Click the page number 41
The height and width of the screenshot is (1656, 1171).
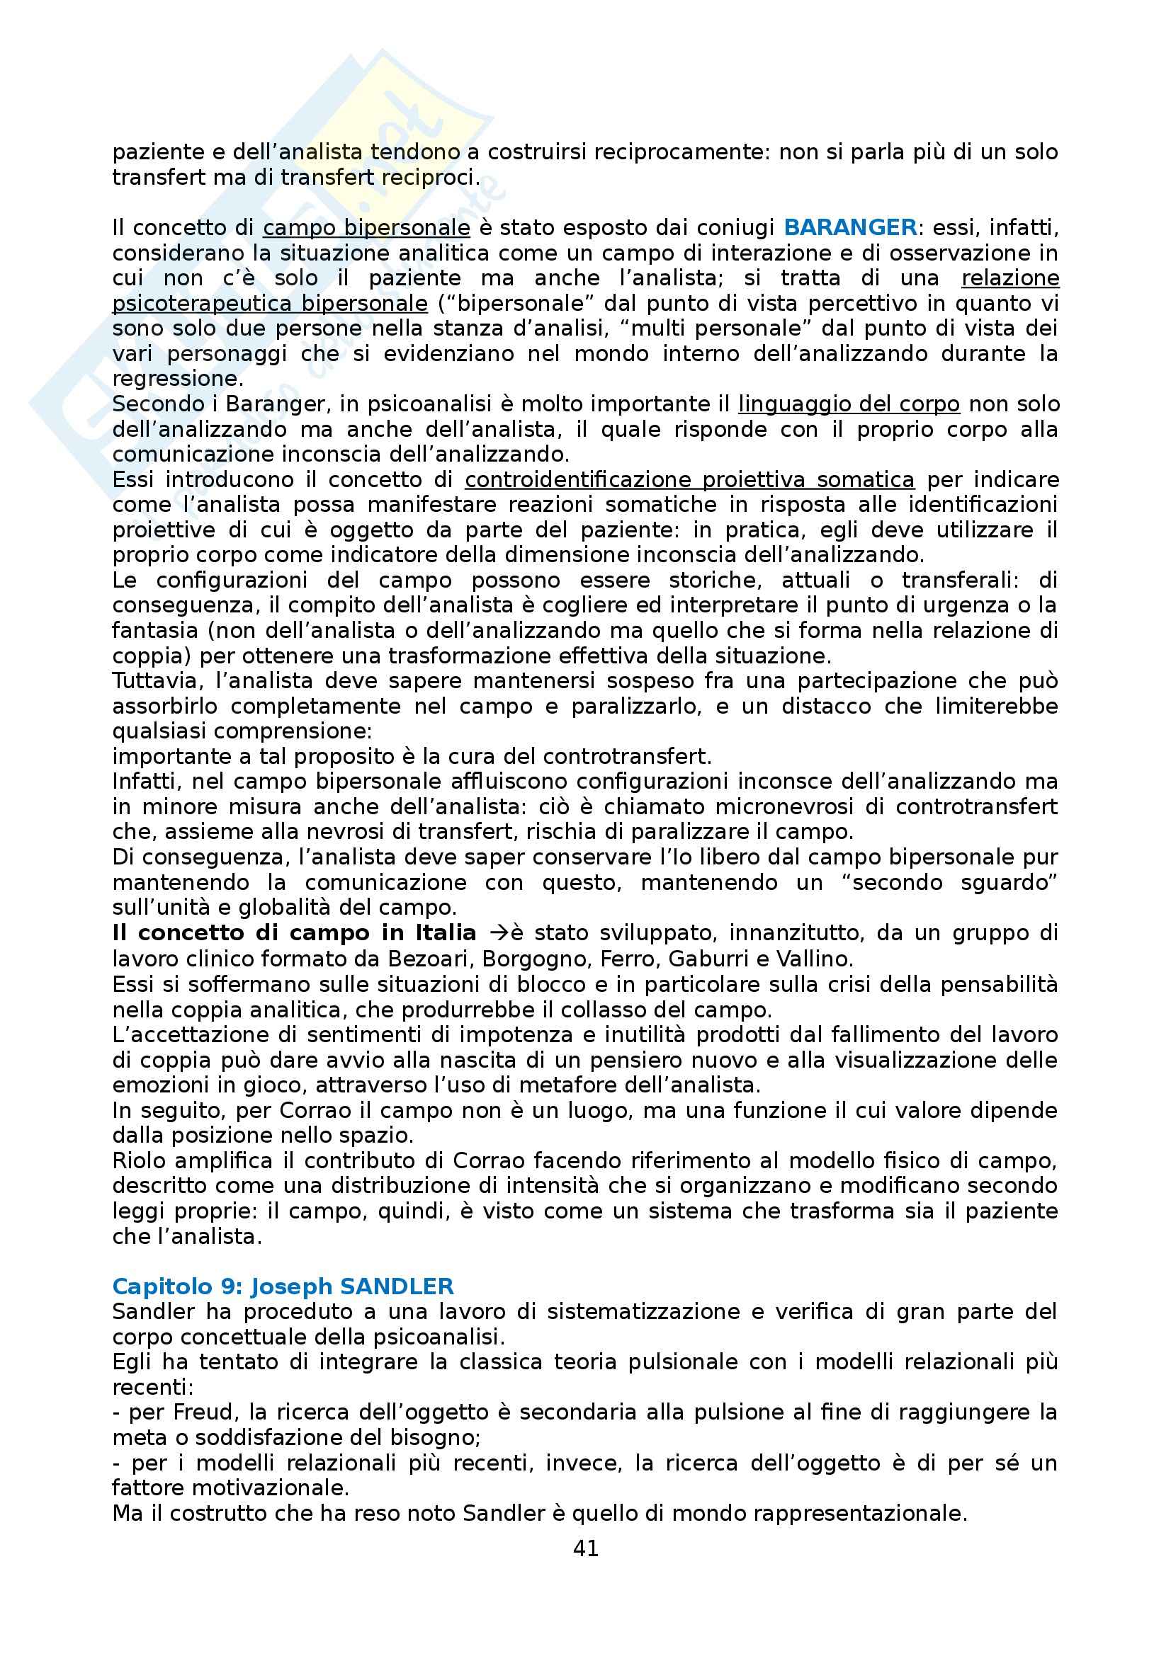585,1548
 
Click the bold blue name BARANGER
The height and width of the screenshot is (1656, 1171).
850,228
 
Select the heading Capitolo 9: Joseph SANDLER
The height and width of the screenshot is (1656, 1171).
283,1286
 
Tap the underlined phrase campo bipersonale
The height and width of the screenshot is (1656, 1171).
366,228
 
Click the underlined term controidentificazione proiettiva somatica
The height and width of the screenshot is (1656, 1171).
689,479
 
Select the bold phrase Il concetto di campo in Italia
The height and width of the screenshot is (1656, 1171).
294,933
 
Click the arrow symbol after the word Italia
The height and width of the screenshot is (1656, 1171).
499,933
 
